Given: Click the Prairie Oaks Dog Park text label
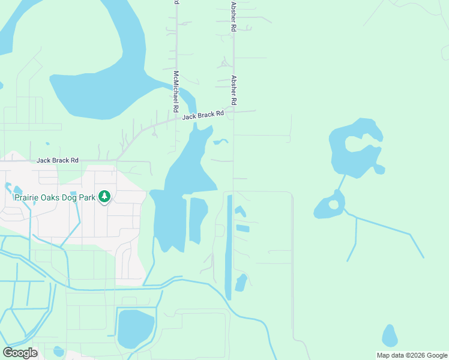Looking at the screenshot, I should (55, 197).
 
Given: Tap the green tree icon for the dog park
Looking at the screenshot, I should (104, 196).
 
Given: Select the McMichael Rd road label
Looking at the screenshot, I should (176, 92).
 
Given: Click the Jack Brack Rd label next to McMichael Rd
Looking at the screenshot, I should (203, 115).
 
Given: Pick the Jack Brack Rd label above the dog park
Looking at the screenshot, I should (58, 160).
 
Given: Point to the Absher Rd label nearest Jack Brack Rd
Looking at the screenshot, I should (234, 88).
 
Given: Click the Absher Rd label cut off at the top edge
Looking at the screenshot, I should (233, 14).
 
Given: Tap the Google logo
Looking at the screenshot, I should (20, 353).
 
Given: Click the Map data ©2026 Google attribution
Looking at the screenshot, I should (412, 355).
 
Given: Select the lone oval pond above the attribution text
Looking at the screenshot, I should (390, 336).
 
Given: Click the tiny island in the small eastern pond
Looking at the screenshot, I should (334, 205).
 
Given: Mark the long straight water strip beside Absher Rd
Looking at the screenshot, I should (228, 246).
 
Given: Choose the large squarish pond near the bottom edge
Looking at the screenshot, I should (136, 328).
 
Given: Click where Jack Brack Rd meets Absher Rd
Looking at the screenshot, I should (234, 112).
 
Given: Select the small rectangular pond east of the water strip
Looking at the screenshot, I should (243, 228).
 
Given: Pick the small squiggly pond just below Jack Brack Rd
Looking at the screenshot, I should (220, 142).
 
